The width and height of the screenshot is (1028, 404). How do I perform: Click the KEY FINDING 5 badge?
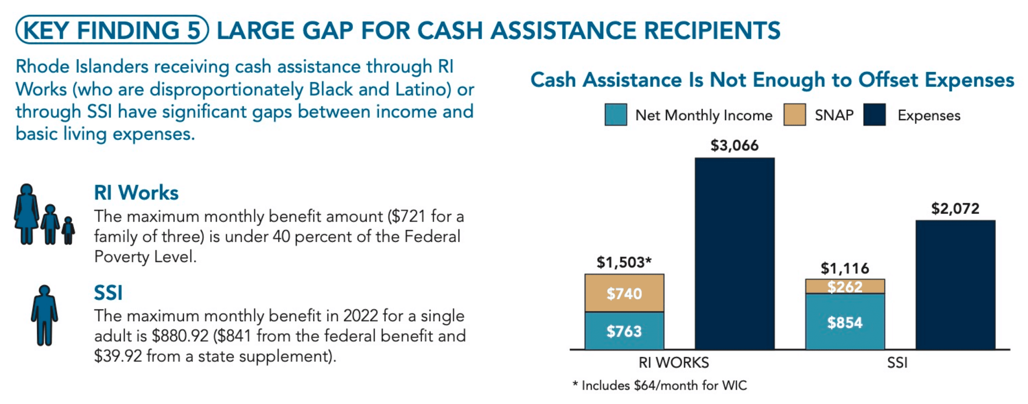pos(112,30)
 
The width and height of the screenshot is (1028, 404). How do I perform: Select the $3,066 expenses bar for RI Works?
pos(735,253)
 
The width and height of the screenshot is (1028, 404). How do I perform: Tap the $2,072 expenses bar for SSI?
pos(956,285)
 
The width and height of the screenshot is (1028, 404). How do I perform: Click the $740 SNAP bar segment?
pos(625,293)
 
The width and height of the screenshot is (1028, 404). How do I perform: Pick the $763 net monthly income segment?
pos(625,331)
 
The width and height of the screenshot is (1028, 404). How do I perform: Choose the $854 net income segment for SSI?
pos(845,322)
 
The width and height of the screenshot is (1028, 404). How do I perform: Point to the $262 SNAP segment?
pos(845,286)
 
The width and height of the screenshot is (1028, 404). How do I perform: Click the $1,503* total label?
pos(624,263)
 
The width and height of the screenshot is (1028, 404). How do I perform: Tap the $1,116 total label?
pos(845,268)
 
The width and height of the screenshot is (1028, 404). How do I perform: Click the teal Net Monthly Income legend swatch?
pos(616,115)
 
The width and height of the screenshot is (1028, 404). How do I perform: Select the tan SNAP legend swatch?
pos(795,115)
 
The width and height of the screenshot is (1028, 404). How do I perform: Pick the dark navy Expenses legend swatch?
pos(875,115)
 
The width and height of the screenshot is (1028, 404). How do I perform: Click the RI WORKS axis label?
pos(673,363)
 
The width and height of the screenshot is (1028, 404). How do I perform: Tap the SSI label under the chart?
pos(897,363)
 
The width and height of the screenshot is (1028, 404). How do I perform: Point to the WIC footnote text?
pos(659,385)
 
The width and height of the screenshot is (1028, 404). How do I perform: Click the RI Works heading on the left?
pos(136,193)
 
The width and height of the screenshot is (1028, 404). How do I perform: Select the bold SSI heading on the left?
pos(108,293)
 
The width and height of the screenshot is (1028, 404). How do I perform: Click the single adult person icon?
pos(44,316)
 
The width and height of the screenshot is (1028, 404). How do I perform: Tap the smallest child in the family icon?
pos(68,230)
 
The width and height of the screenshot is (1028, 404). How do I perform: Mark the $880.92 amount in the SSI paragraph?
pos(180,336)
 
